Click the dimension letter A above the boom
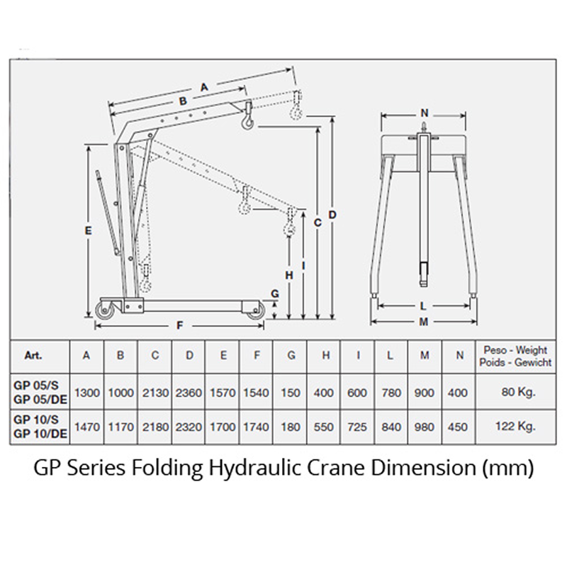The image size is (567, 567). point(205,86)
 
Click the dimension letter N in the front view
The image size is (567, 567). point(425,113)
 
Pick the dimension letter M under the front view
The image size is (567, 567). point(423,322)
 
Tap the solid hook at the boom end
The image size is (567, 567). point(246,121)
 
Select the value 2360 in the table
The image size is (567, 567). point(189,391)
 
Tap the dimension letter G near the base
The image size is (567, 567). point(274,293)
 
